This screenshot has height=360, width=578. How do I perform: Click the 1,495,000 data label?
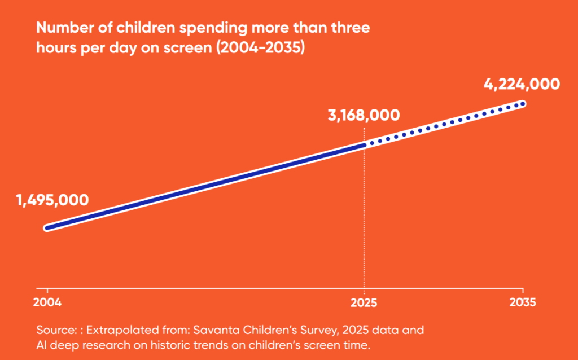pyautogui.click(x=52, y=200)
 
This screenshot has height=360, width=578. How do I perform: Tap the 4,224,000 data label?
pyautogui.click(x=522, y=84)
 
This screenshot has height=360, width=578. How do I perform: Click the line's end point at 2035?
pyautogui.click(x=523, y=103)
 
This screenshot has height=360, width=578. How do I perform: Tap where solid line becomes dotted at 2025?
pyautogui.click(x=364, y=145)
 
